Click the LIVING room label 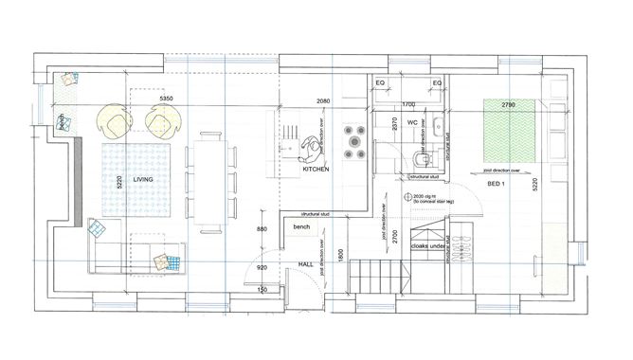point(143,178)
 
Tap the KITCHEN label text point(316,169)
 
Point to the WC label point(413,123)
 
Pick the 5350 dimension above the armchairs point(167,99)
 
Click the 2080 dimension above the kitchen point(324,101)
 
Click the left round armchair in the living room point(114,120)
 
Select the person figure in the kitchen point(310,150)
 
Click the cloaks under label point(427,246)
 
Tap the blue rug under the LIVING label point(133,182)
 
